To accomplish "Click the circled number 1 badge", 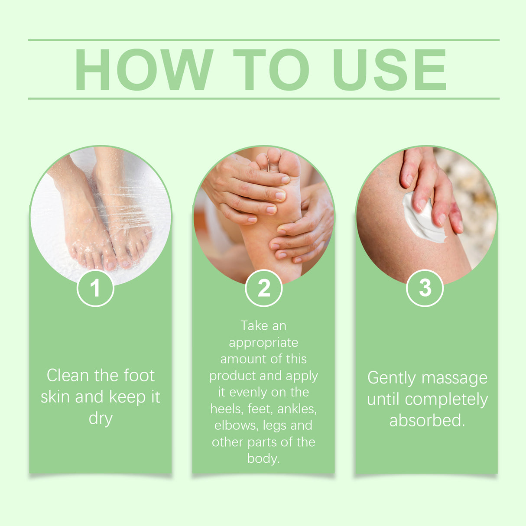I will click(95, 288).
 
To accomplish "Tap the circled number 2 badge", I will click(263, 288).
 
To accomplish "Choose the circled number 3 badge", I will click(425, 288).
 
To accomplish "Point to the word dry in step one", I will click(101, 419).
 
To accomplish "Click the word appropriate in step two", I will click(263, 343).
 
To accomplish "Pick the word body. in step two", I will click(263, 458).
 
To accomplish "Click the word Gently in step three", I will click(391, 378).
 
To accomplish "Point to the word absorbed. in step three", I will click(427, 420).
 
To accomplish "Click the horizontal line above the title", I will click(263, 40).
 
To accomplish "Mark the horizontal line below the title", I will click(263, 99).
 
